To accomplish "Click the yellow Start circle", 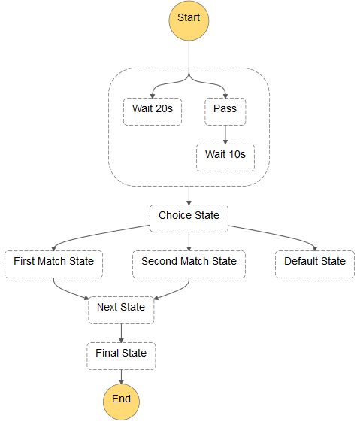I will [x=189, y=18].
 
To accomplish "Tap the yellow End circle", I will [x=121, y=399].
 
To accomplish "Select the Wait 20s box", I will [x=153, y=110].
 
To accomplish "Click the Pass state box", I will [x=225, y=110].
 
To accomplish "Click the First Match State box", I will [x=54, y=263].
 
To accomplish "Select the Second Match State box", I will [x=189, y=263].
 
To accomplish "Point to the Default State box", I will [x=315, y=263].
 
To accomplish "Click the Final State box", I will [x=121, y=354].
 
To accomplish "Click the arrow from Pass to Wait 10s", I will [x=225, y=133].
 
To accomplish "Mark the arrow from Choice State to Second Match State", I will [x=189, y=239].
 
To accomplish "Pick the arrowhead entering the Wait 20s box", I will [x=153, y=94].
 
